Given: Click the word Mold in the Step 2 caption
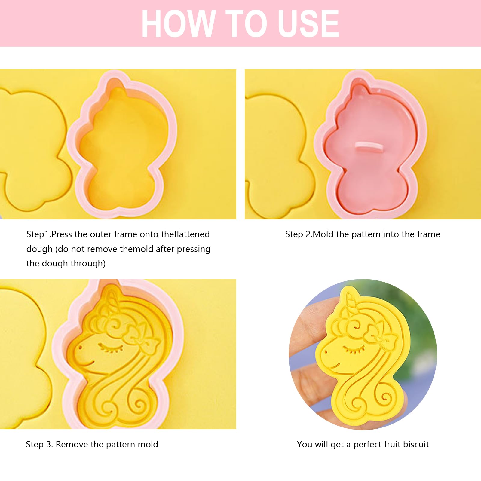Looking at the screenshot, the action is [323, 234].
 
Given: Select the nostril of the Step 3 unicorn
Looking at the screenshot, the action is [80, 348].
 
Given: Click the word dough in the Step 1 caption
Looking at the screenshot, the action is [39, 249].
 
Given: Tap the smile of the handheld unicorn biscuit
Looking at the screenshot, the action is [334, 366].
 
